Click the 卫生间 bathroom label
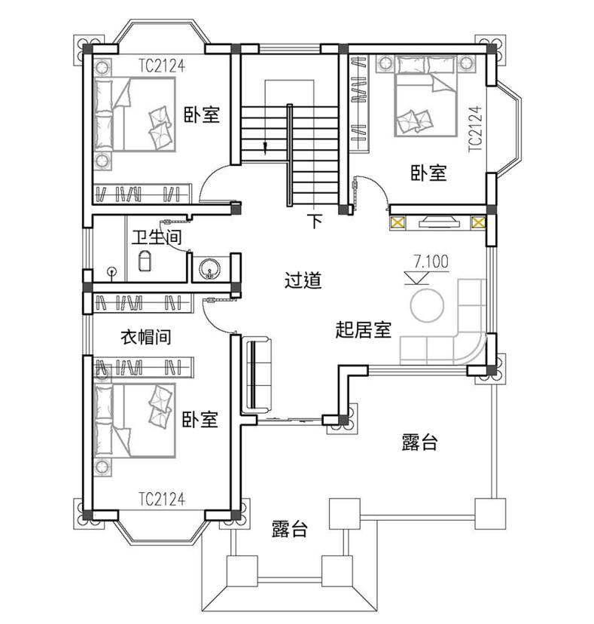(157, 237)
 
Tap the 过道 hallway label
(303, 280)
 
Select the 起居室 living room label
(364, 330)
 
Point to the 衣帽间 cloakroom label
(146, 337)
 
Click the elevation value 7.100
(431, 262)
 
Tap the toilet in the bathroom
(145, 261)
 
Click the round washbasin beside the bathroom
(209, 268)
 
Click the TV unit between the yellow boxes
(439, 222)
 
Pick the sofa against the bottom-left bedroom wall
(257, 374)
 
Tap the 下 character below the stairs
(315, 221)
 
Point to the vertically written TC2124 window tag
(476, 129)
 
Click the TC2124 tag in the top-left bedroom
(162, 66)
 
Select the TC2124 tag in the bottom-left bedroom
(162, 499)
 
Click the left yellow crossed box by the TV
(398, 222)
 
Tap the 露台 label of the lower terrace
(289, 529)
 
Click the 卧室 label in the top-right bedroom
(428, 173)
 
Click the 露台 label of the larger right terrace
(420, 442)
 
